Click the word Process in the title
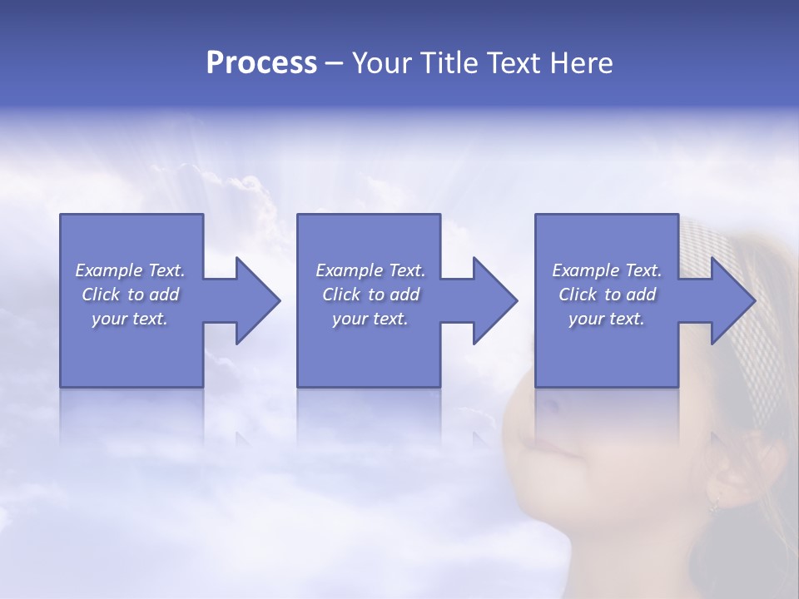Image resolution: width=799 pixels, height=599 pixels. point(261,63)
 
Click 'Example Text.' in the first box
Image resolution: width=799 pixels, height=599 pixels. point(130,270)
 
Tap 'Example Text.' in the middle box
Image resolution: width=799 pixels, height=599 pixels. point(370,270)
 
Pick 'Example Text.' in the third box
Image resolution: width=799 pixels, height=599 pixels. point(607,270)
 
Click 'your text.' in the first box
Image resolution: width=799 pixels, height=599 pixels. point(130,319)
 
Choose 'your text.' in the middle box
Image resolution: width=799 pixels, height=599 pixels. point(370,319)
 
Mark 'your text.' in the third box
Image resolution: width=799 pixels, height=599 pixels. point(607,319)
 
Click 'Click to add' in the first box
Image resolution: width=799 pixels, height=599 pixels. point(130,295)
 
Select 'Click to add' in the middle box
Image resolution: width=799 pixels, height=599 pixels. point(370,295)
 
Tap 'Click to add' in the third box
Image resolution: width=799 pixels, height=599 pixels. point(607,295)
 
